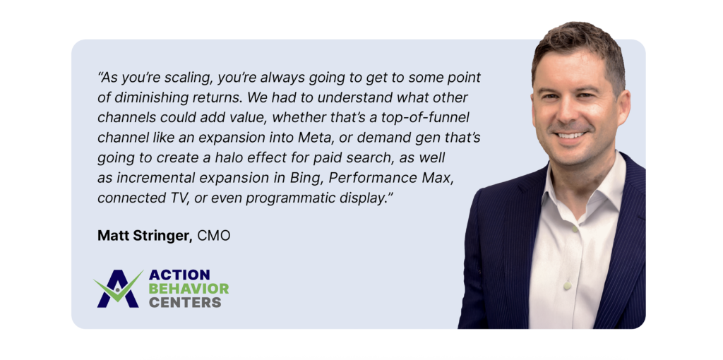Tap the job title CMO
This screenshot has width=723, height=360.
click(x=214, y=236)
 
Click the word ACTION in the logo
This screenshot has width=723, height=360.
click(x=179, y=275)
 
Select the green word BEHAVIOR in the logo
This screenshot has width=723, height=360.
click(x=189, y=289)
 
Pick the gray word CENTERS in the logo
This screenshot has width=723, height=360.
click(x=185, y=302)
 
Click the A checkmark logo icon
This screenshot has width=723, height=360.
click(x=118, y=288)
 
